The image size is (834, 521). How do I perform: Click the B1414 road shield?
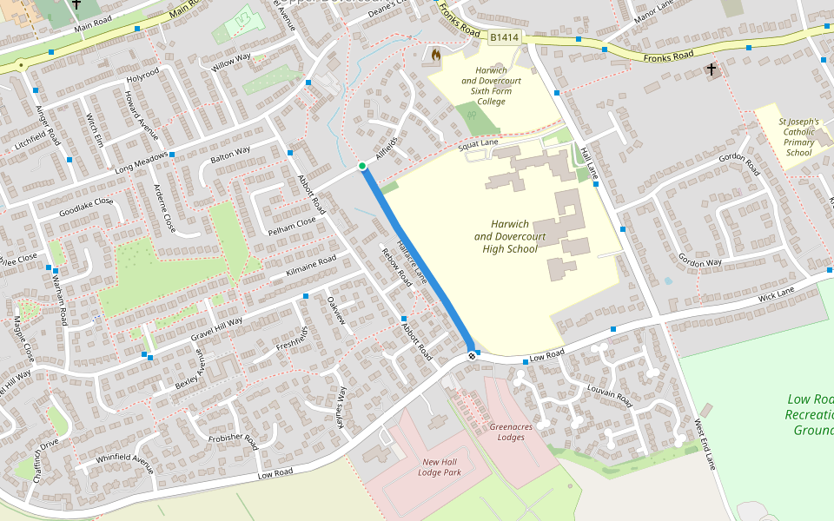point(503,37)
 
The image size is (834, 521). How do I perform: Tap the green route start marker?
point(362,166)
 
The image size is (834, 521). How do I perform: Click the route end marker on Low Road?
point(472,355)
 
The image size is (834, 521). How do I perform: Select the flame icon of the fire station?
point(435,56)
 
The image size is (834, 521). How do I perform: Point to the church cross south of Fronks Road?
point(712,69)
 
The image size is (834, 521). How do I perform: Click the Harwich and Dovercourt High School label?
point(510,236)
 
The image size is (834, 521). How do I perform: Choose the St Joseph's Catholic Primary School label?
point(798,137)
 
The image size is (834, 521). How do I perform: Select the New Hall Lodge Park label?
point(440,467)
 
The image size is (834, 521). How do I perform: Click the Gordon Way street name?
point(700,261)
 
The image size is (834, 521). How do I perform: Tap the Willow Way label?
point(230,62)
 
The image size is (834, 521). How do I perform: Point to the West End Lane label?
point(705,445)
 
